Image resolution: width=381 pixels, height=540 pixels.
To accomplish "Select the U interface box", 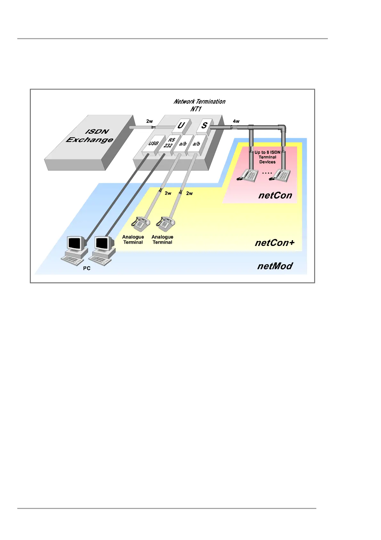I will (181, 125).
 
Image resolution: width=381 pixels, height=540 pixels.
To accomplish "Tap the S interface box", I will (204, 125).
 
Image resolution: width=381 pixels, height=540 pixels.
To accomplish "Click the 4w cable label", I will (236, 121).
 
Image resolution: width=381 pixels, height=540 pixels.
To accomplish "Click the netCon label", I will (275, 195).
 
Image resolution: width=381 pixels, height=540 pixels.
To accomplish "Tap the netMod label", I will (275, 266).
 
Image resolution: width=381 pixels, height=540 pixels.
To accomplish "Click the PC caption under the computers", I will (87, 268).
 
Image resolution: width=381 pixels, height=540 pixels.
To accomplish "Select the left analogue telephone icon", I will (141, 223).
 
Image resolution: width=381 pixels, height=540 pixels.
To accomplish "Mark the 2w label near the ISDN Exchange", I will (150, 121).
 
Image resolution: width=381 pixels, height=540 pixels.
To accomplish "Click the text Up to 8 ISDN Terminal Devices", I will (267, 157).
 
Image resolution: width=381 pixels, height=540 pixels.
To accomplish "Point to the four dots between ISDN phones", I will (267, 173).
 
